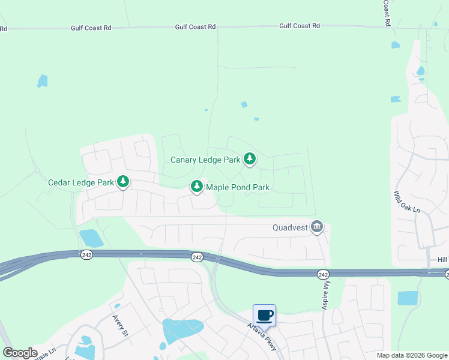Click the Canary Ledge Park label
point(205,160)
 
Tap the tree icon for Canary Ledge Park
point(250,159)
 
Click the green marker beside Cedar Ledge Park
point(123,181)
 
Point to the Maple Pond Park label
point(238,187)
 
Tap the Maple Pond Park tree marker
point(197,187)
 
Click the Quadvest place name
point(290,227)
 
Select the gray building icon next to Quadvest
point(317,227)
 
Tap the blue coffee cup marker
point(264,315)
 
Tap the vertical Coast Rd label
point(387,13)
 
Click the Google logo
point(20,353)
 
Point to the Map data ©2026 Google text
point(411,355)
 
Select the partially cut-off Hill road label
point(442,259)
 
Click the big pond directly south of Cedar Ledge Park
point(91,238)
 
